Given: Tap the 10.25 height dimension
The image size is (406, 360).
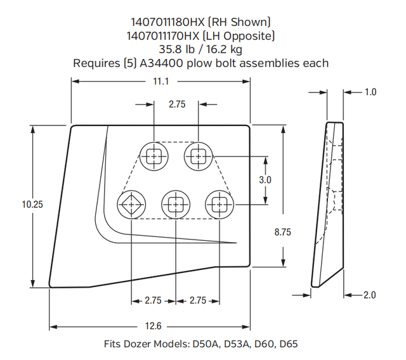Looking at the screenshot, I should point(32,204).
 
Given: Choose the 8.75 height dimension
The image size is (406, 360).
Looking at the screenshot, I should point(282,233).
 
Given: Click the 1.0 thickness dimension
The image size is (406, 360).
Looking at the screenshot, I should point(370,92).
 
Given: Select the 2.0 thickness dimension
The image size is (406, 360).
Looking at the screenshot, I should point(370,295).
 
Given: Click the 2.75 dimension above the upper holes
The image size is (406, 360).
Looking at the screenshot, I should point(177,105).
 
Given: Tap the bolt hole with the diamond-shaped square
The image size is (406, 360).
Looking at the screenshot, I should point(131,204).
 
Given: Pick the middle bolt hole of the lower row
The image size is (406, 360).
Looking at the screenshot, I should point(175,204).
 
